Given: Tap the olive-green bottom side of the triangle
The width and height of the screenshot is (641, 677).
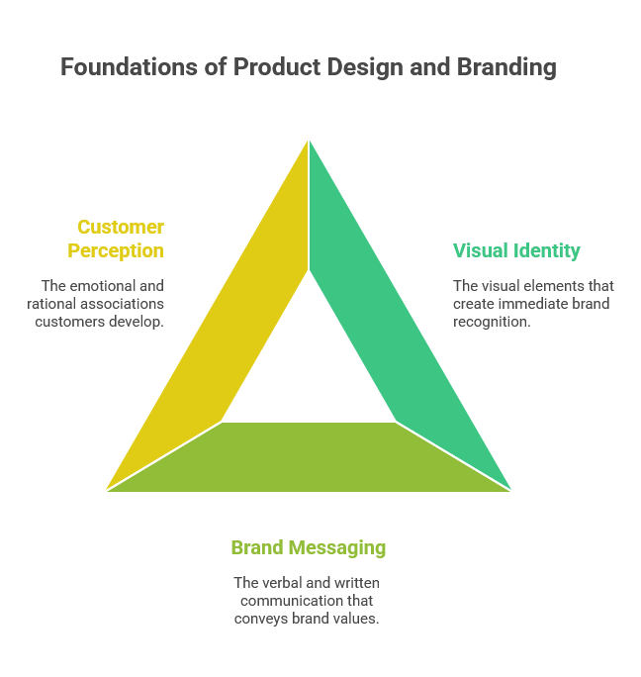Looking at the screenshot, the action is tap(309, 457).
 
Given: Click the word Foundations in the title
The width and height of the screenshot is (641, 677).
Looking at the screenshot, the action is tap(130, 67).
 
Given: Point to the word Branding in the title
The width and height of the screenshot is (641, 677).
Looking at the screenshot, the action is tap(506, 67).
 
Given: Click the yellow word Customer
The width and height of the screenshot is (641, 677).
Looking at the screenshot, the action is tap(121, 227).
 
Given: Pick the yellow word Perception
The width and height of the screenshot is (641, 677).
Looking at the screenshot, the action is tap(116, 251).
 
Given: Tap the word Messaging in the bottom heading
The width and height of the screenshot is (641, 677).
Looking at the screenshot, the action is tap(336, 548).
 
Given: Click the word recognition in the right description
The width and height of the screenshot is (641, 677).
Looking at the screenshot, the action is tap(492, 322).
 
